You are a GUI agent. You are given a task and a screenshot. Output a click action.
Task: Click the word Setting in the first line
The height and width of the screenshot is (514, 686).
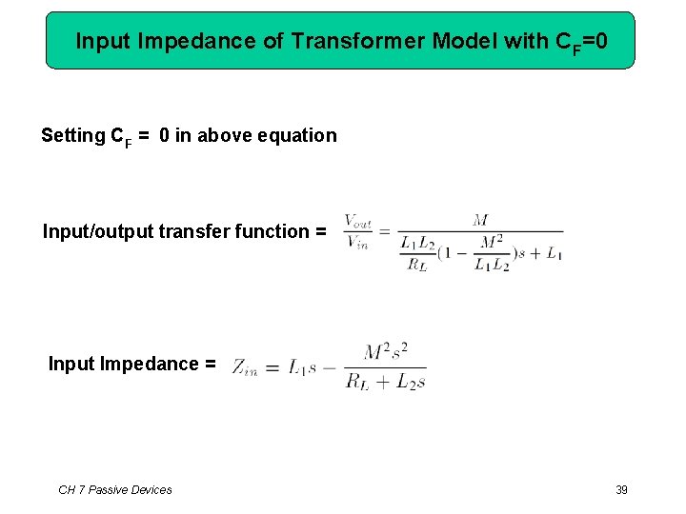click(x=73, y=135)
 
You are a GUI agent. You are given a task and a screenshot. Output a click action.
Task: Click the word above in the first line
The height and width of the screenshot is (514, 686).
click(x=220, y=135)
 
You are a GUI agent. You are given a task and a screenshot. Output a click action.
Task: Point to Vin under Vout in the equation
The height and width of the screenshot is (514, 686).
click(x=358, y=243)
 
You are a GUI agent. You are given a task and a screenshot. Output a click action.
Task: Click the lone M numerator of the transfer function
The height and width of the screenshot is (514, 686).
click(x=480, y=221)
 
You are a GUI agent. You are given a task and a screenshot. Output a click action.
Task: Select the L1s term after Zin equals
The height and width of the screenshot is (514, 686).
click(x=303, y=367)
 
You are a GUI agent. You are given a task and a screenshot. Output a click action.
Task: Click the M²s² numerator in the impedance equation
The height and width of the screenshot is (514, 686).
click(x=385, y=353)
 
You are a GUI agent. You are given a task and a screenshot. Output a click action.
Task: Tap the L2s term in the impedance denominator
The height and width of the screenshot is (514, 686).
click(x=410, y=382)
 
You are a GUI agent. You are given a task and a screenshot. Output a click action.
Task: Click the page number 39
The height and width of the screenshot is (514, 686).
click(x=621, y=489)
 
